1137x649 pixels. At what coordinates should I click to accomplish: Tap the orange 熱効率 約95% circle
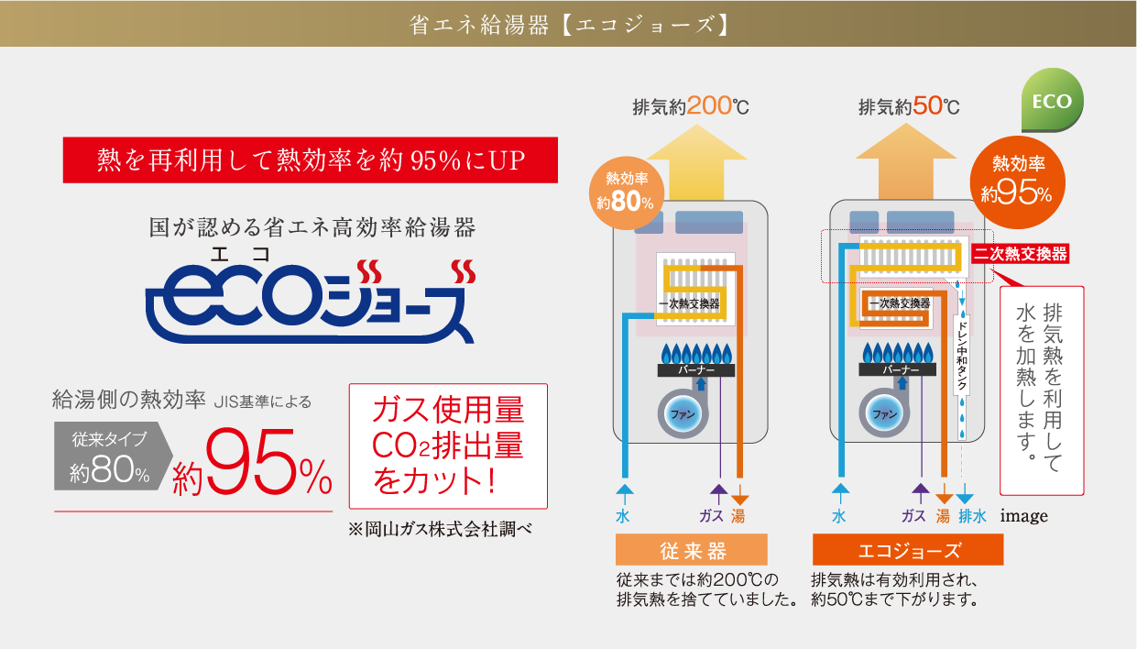coord(1019,180)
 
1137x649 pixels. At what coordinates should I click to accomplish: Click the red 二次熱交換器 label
coord(1021,254)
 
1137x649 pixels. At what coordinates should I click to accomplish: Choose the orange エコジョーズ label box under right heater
coord(908,550)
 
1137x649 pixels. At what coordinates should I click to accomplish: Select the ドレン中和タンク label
coord(961,356)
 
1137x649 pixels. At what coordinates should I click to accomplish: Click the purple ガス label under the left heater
coord(711,516)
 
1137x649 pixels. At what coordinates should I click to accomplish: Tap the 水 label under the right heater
coord(838,516)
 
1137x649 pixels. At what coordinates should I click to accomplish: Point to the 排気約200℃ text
coord(691,106)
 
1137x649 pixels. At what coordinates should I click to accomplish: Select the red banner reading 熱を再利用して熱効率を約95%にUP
coord(311,160)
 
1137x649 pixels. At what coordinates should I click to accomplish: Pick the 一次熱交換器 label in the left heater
coord(689,302)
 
